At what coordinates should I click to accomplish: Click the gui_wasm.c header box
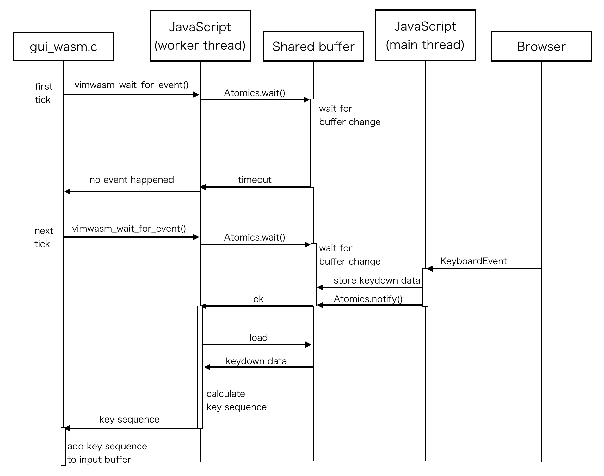click(x=63, y=47)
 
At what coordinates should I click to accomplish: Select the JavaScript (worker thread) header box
click(x=200, y=36)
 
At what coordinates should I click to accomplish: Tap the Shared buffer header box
click(x=313, y=47)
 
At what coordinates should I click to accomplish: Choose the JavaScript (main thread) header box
click(x=425, y=35)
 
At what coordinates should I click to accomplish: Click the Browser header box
click(x=541, y=47)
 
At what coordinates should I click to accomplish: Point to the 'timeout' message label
click(x=255, y=180)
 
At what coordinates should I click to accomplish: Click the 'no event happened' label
click(x=132, y=180)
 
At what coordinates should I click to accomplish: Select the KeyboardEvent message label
click(x=473, y=261)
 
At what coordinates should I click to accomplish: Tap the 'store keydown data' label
click(x=377, y=280)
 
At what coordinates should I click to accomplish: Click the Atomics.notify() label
click(x=368, y=299)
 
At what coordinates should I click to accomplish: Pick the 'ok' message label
click(x=258, y=299)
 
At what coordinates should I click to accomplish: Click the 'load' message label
click(x=258, y=338)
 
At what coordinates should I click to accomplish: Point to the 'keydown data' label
click(x=256, y=361)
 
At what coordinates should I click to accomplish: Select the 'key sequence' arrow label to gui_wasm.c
click(x=129, y=419)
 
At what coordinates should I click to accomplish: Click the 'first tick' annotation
click(x=43, y=93)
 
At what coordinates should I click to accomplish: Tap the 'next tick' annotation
click(x=43, y=237)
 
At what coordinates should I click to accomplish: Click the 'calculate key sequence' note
click(x=236, y=400)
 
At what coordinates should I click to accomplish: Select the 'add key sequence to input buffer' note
click(x=107, y=453)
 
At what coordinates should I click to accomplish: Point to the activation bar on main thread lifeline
click(x=425, y=287)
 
